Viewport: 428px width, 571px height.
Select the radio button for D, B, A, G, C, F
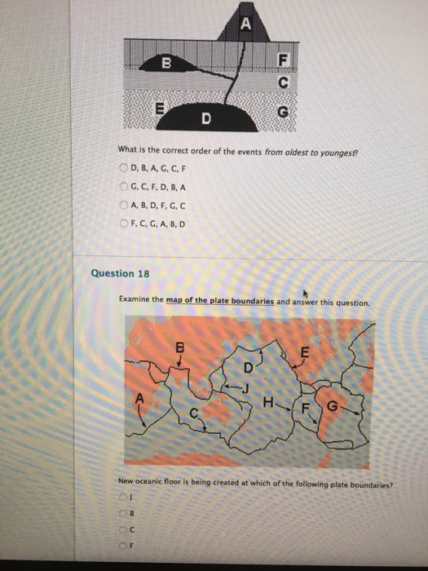tap(124, 167)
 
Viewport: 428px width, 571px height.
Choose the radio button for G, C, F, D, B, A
tap(124, 186)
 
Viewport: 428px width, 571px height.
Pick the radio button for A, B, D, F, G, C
tap(124, 205)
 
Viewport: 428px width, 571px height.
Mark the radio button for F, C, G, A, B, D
tap(124, 223)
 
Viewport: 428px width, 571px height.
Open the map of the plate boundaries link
tap(220, 301)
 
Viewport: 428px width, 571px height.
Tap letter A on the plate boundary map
tap(138, 400)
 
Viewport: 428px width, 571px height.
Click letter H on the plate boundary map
tap(268, 401)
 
